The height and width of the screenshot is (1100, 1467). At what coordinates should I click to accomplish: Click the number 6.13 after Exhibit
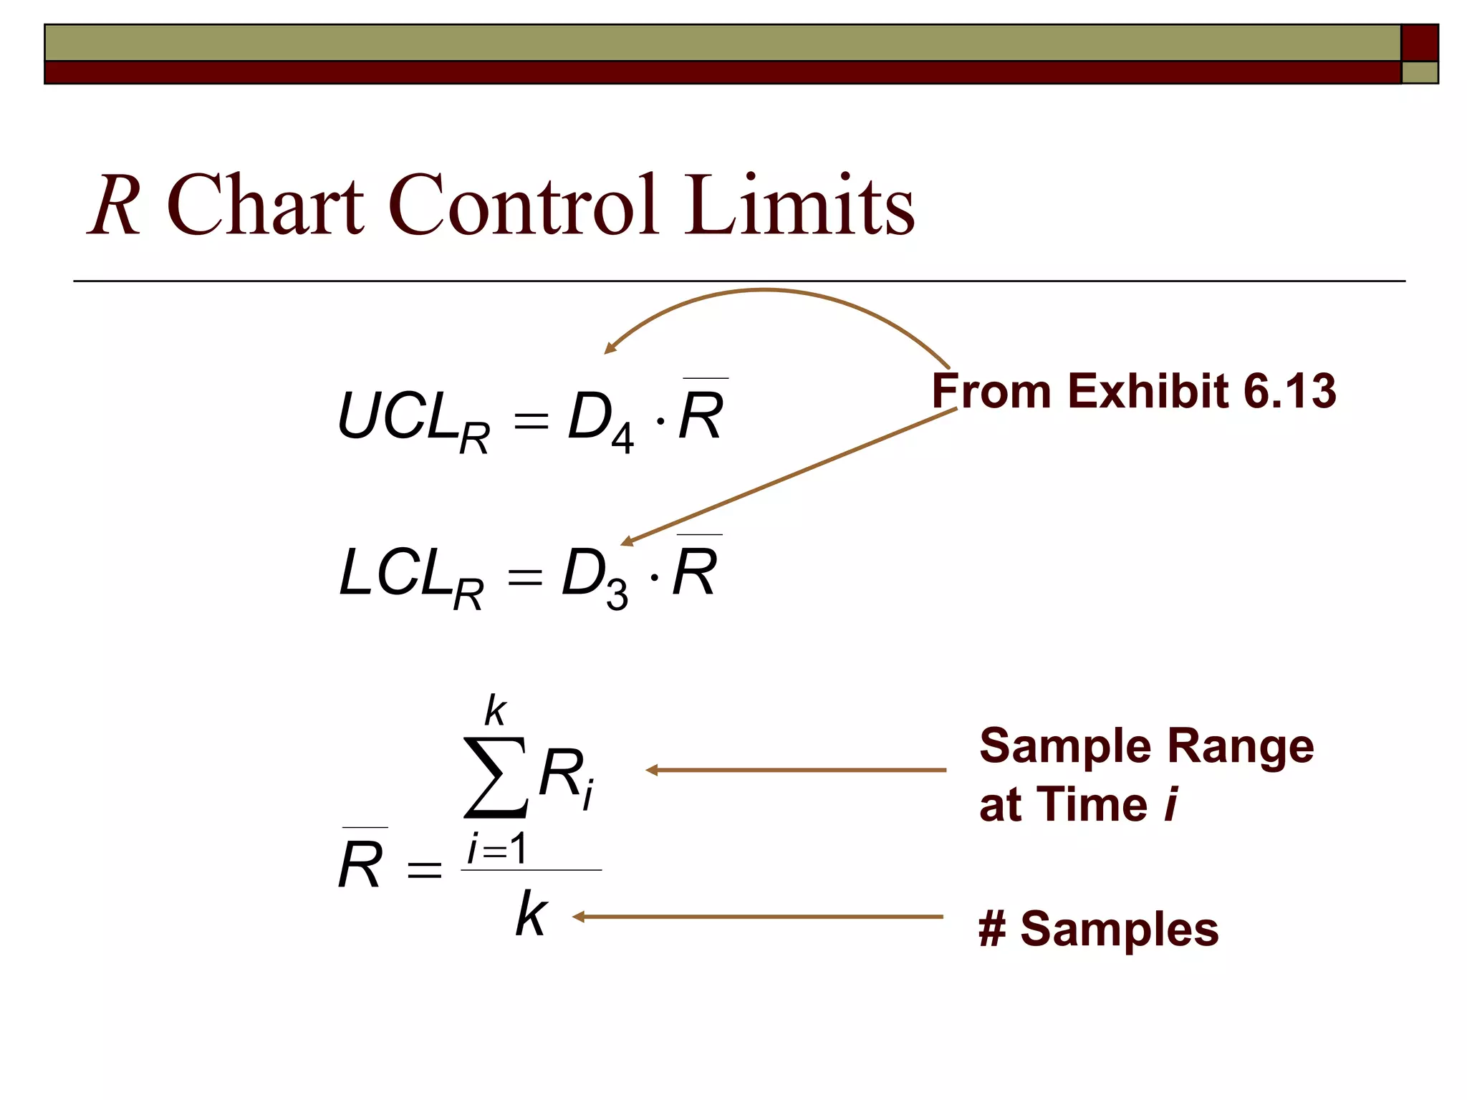tap(1289, 391)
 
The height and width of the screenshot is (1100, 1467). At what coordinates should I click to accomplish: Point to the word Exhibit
tap(1149, 391)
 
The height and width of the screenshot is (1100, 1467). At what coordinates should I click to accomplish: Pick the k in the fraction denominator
tap(532, 914)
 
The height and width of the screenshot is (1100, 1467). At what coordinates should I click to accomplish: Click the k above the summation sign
tap(495, 710)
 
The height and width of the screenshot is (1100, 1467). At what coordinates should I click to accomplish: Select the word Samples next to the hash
tap(1119, 929)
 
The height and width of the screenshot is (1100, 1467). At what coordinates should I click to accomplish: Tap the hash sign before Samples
tap(993, 929)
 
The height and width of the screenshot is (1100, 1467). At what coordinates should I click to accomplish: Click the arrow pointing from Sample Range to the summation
tap(795, 771)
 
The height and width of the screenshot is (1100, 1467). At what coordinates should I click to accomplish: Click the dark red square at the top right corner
tap(1419, 43)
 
